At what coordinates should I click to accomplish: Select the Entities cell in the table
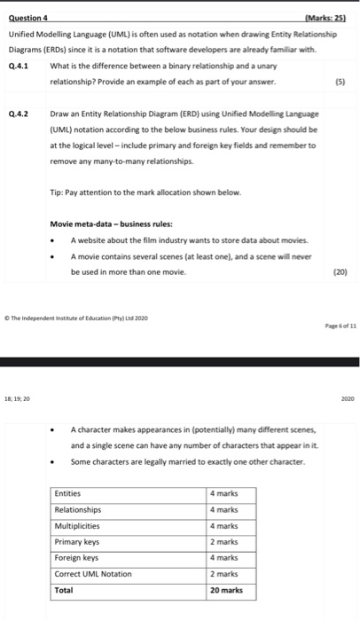click(68, 494)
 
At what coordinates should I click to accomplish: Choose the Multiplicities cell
click(78, 526)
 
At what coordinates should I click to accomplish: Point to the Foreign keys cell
click(76, 558)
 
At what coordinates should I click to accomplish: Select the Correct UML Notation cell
click(93, 574)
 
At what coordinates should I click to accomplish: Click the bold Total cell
click(64, 590)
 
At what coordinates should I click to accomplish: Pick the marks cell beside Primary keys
click(224, 542)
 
